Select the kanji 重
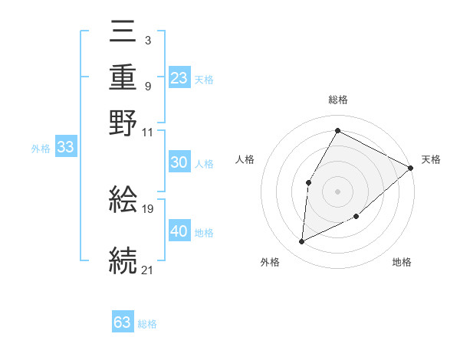123,78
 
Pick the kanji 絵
123,199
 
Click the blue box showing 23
179,78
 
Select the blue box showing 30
179,162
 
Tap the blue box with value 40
179,231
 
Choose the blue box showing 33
65,147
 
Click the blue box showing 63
123,322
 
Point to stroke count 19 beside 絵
149,209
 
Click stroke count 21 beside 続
148,270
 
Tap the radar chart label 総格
337,100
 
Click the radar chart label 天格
431,159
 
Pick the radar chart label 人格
245,159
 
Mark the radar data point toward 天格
411,168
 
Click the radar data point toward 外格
302,242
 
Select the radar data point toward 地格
356,217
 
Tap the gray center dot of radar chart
337,191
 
